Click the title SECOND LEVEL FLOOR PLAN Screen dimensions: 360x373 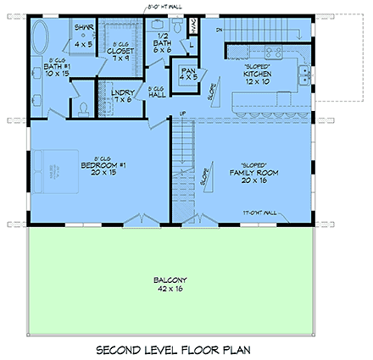coord(185,348)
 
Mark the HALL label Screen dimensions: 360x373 coord(156,94)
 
